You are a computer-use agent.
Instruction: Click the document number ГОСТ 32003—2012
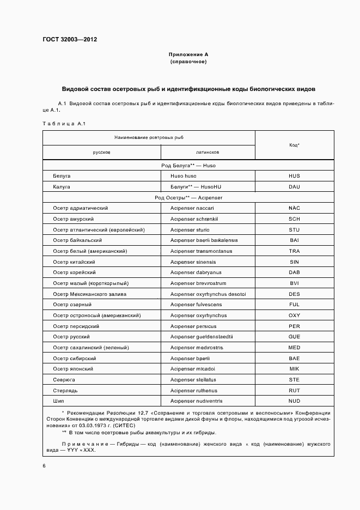[x=66, y=39]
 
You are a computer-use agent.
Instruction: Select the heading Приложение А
[x=188, y=54]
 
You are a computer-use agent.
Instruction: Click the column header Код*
[x=295, y=145]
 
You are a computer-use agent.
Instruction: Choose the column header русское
[x=102, y=153]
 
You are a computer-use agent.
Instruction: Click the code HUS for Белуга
[x=295, y=176]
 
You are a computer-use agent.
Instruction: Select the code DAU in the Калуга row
[x=295, y=186]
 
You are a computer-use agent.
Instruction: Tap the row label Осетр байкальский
[x=77, y=240]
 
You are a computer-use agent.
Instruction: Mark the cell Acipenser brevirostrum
[x=198, y=283]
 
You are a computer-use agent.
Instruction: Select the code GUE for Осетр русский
[x=295, y=337]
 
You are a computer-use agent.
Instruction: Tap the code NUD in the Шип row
[x=295, y=401]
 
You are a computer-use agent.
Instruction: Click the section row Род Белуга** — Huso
[x=188, y=165]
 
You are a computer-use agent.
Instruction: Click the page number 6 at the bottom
[x=44, y=466]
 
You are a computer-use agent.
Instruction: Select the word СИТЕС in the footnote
[x=133, y=425]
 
